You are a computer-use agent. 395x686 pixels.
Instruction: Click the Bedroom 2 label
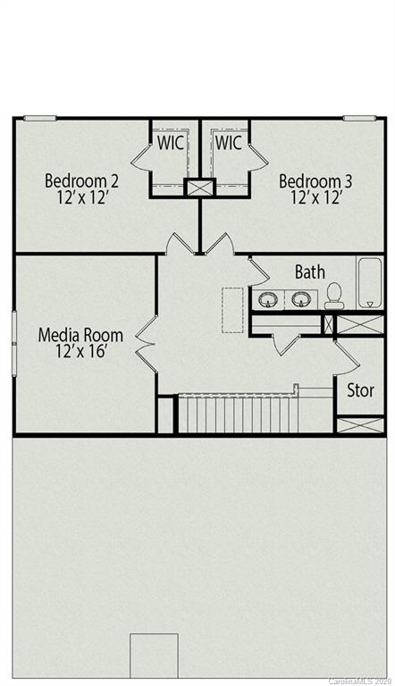tap(82, 181)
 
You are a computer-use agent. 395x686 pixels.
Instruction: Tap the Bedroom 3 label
tap(315, 181)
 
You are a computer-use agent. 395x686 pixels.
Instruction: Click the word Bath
tap(310, 272)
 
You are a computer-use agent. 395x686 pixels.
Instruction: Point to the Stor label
tap(360, 390)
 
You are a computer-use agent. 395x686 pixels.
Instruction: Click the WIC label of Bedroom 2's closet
tap(172, 142)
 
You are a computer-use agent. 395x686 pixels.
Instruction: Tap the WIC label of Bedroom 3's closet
tap(228, 142)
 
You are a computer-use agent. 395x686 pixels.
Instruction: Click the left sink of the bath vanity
tap(267, 299)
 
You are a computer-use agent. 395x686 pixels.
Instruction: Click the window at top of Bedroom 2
tap(39, 118)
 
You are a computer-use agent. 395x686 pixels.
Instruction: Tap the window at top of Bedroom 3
tap(359, 118)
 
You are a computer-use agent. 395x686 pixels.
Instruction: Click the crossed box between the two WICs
tap(199, 188)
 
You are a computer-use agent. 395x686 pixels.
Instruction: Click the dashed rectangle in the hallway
tap(232, 309)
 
